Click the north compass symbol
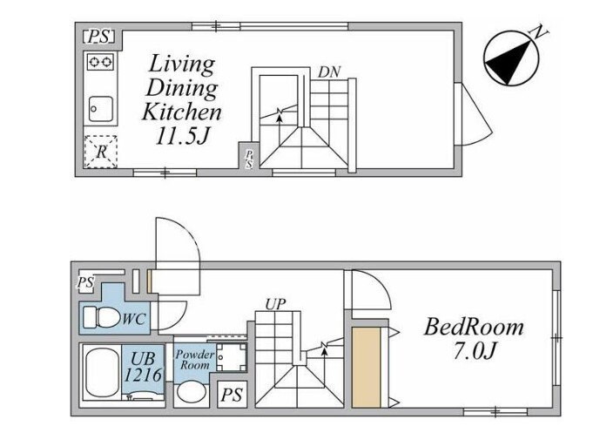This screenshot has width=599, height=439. click(511, 58)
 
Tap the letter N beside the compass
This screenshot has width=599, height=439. click(539, 32)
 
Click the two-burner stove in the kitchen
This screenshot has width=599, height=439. click(100, 62)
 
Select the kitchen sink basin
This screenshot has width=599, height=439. click(101, 109)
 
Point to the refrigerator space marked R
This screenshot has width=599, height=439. click(100, 152)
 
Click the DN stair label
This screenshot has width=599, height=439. click(329, 72)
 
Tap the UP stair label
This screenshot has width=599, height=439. click(275, 305)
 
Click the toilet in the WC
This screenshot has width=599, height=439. click(102, 317)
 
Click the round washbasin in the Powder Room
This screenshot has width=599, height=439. click(192, 392)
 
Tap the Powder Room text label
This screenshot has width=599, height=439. click(195, 360)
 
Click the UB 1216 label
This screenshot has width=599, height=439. click(144, 368)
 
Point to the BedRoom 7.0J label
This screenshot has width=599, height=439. click(474, 340)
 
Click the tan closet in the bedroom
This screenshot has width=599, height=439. click(367, 368)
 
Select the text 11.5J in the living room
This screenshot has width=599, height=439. click(183, 137)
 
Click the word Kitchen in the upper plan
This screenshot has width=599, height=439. click(181, 112)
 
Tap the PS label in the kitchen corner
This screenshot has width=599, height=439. click(99, 37)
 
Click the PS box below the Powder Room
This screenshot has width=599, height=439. click(232, 395)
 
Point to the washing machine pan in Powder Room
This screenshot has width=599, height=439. click(232, 357)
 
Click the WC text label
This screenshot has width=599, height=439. click(133, 319)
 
